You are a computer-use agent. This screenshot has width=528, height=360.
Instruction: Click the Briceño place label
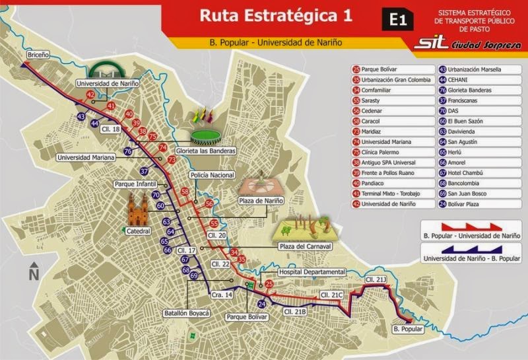[38, 54]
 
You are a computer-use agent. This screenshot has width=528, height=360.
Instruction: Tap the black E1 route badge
[397, 20]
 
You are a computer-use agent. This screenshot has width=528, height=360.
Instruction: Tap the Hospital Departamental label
[312, 272]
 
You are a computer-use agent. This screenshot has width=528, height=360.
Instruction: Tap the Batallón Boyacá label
[186, 312]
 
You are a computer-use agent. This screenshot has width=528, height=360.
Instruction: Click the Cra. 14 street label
[221, 295]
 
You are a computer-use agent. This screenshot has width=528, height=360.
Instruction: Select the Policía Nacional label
[212, 175]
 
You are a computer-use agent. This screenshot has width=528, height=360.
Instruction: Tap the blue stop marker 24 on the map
[261, 304]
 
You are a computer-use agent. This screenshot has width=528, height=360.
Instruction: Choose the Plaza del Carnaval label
[304, 246]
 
